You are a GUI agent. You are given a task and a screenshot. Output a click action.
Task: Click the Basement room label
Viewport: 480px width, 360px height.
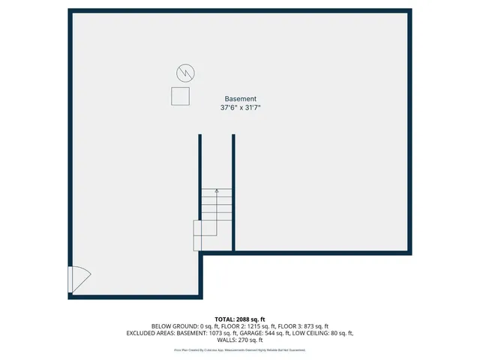point(240,98)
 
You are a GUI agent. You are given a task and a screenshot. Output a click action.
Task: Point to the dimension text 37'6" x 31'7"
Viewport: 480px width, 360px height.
point(240,108)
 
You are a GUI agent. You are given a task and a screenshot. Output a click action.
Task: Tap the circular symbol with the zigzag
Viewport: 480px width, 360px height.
point(185,73)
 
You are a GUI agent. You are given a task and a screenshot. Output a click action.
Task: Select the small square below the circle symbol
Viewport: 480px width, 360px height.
point(180,96)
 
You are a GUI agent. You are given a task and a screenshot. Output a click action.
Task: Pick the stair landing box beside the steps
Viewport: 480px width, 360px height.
point(199,235)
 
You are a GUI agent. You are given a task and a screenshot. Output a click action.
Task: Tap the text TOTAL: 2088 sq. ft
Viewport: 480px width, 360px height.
point(240,319)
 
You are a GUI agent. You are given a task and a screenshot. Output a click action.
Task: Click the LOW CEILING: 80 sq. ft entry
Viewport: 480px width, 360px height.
point(322,333)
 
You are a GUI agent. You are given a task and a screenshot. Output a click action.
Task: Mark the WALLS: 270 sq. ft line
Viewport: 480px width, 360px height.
point(240,340)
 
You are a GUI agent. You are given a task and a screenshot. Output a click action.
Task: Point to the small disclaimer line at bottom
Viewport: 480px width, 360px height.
point(240,349)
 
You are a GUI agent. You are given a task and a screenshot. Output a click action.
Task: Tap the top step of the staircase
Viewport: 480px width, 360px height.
point(217,190)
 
